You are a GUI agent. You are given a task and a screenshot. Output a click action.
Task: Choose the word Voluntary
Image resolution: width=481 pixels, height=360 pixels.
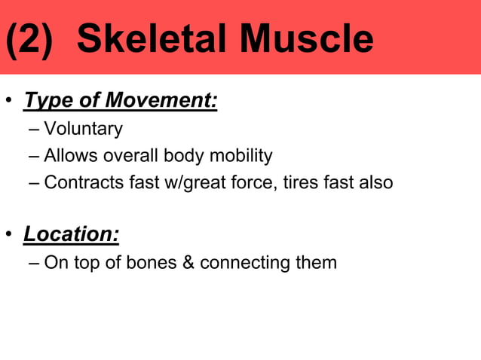83,129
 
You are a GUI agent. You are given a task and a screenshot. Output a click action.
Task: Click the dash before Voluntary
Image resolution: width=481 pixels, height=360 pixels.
35,130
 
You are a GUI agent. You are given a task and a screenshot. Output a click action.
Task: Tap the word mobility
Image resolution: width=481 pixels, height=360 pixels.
243,156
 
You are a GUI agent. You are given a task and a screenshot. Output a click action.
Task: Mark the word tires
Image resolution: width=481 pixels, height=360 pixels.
301,182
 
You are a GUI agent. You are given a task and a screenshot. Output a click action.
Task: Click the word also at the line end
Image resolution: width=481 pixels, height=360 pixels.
375,182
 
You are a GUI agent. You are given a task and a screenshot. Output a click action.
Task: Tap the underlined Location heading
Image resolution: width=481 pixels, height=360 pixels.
71,234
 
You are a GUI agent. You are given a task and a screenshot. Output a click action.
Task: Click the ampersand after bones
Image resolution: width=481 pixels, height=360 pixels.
187,263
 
